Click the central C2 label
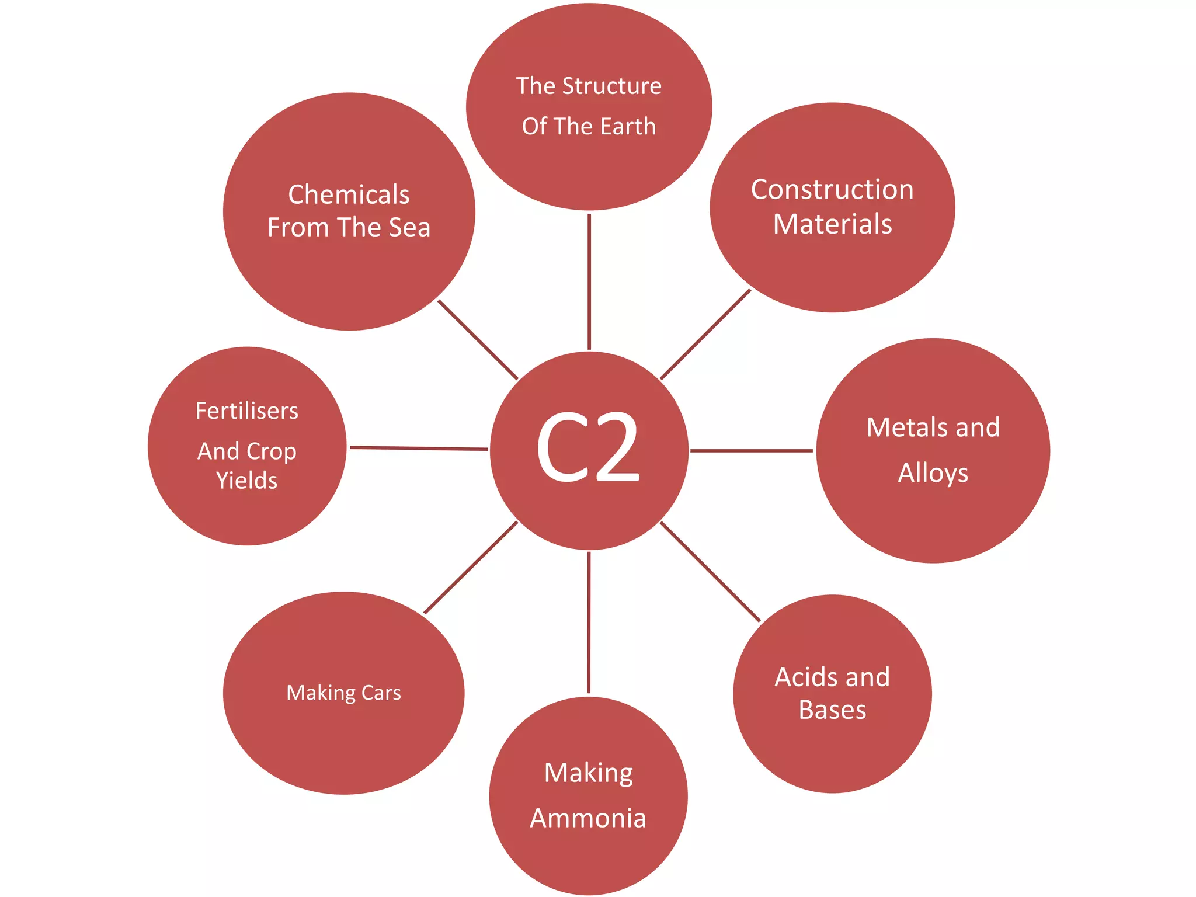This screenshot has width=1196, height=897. coord(588,448)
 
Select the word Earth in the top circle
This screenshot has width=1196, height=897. coord(628,126)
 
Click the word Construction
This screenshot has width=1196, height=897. coord(832,190)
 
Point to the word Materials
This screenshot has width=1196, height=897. coord(832,224)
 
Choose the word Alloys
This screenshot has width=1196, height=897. coord(933,473)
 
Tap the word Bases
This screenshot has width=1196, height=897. coord(832,710)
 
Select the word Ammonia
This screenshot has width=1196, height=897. coord(588,818)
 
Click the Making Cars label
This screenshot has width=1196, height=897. coord(343,693)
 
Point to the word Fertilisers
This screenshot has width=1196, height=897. coord(246,411)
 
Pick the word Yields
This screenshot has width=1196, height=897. coord(246,481)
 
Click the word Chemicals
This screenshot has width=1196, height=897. coord(349,194)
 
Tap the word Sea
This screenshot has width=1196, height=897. coord(409,227)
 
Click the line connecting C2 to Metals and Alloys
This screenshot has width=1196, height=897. coord(751,450)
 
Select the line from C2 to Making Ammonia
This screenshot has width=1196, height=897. coord(589,622)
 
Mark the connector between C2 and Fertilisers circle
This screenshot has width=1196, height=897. coord(418,448)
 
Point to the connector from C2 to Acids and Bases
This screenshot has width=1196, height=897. coord(710,571)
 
